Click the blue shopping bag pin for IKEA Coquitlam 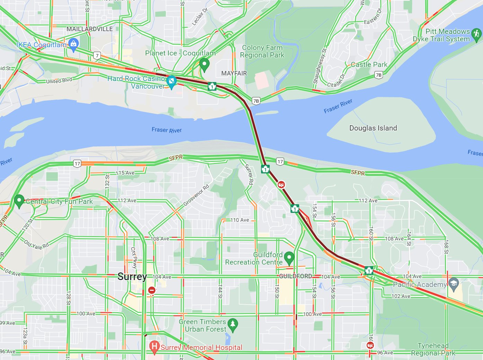point(73,44)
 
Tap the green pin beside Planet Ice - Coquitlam point(204,64)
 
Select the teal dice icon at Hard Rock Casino point(171,82)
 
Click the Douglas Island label point(373,128)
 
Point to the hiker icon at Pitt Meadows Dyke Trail point(476,34)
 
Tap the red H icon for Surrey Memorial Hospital point(154,346)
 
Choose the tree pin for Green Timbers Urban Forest point(233,324)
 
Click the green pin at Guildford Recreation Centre point(289,257)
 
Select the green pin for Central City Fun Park point(19,200)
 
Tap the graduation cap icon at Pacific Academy point(454,284)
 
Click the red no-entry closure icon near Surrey point(152,290)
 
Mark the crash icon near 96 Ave point(370,345)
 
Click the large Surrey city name point(132,277)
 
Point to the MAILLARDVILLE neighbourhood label point(89,29)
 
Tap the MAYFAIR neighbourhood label point(234,73)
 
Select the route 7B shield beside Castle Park point(379,75)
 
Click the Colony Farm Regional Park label point(262,51)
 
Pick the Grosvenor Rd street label point(196,195)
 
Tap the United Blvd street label point(59,81)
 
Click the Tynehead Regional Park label point(433,349)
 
